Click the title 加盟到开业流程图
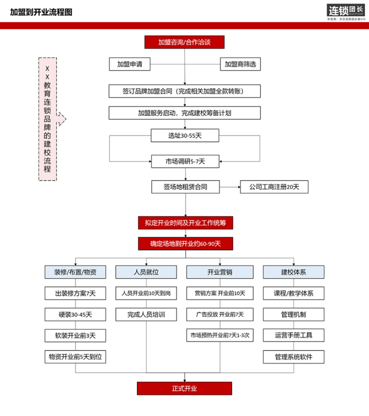click(41, 12)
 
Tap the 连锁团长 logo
click(346, 12)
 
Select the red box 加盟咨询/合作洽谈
click(184, 42)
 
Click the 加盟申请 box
click(130, 64)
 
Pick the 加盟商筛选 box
click(240, 64)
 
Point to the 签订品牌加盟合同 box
click(184, 91)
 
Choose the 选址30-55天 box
click(185, 135)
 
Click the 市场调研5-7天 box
click(185, 161)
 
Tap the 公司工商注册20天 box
click(274, 187)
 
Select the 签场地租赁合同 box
click(186, 187)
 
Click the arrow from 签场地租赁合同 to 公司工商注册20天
click(230, 187)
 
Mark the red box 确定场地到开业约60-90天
click(186, 244)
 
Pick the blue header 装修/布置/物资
click(75, 272)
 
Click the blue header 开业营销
click(220, 272)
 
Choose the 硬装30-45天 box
click(75, 315)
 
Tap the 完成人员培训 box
click(146, 315)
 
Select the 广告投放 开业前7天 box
click(220, 315)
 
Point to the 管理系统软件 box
click(293, 357)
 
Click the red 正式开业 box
click(184, 389)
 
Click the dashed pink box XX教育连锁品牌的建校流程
click(47, 119)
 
